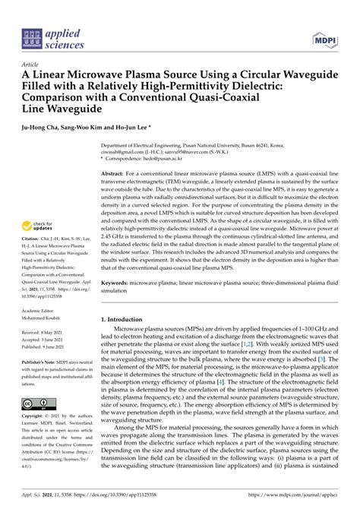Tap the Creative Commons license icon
37,404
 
